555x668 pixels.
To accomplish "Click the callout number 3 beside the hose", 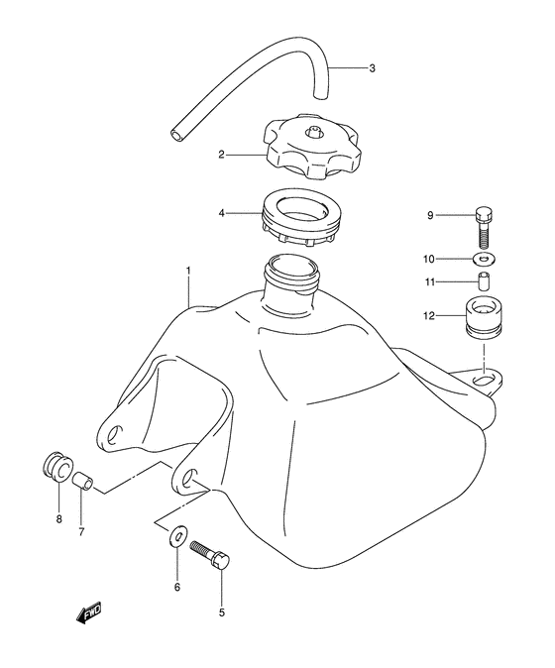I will [372, 69].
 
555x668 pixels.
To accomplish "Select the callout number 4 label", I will [223, 211].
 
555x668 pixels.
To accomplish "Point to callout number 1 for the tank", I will [185, 270].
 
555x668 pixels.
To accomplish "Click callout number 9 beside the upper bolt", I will [432, 214].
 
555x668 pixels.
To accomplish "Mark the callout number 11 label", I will [431, 283].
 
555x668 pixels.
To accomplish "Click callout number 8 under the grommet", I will [58, 518].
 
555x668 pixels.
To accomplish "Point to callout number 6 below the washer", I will [177, 588].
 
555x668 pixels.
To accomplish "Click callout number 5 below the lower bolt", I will [221, 612].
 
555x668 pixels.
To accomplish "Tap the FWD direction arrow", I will [88, 615].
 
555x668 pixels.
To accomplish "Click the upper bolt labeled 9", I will [483, 226].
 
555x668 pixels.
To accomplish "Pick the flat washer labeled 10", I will [484, 260].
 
